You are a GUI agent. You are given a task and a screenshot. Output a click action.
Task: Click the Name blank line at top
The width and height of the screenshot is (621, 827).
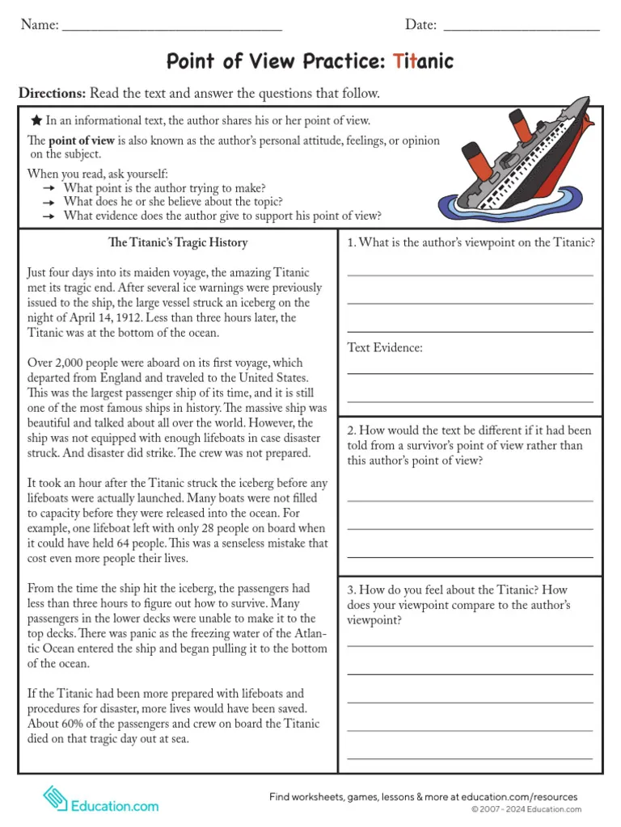click(171, 29)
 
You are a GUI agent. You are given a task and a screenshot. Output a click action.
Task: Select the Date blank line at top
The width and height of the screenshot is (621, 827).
click(522, 29)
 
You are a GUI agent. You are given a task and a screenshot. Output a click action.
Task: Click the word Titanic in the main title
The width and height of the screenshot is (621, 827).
click(423, 61)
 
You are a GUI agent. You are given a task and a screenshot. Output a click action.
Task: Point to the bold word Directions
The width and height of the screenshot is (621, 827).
click(52, 94)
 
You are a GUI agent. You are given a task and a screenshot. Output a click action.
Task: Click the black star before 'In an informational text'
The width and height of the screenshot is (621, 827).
click(36, 120)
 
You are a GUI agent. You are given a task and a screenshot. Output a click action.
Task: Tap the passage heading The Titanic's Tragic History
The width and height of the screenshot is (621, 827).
click(178, 242)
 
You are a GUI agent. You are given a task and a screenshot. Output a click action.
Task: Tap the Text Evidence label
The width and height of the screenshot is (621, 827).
click(385, 347)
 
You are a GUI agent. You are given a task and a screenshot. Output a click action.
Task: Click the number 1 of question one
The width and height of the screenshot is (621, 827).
click(351, 243)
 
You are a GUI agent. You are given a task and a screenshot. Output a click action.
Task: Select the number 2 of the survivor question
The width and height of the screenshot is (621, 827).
click(352, 430)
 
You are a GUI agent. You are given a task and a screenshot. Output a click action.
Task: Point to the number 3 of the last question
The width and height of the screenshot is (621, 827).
click(352, 590)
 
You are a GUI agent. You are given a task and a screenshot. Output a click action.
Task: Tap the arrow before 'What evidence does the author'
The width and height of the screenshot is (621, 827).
click(49, 216)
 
